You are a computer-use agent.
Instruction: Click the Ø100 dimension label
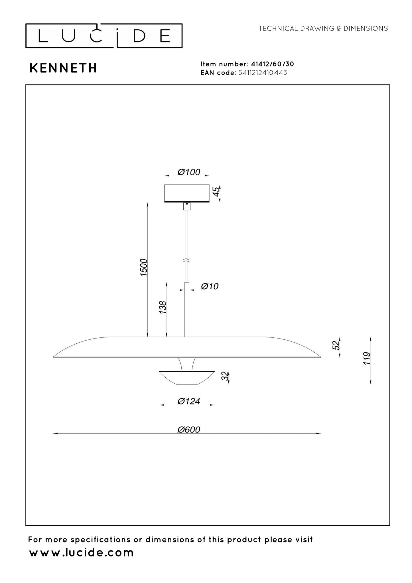(189, 172)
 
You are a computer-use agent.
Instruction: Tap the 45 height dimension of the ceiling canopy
(217, 191)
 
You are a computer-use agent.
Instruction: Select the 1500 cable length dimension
(144, 267)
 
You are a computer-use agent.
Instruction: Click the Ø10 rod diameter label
(210, 286)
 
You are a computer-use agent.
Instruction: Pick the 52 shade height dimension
(337, 345)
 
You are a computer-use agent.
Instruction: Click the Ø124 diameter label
(189, 401)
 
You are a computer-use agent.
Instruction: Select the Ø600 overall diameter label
(189, 438)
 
